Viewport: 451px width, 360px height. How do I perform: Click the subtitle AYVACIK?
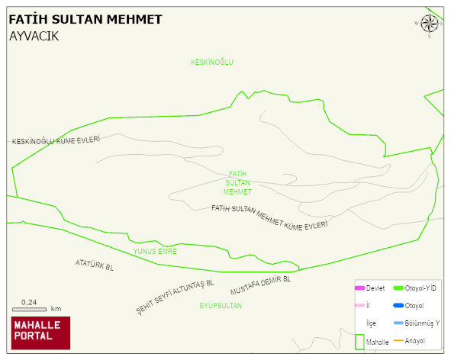click(34, 36)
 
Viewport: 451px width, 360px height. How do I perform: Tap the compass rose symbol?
click(430, 24)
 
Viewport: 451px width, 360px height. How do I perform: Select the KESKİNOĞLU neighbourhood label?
click(211, 62)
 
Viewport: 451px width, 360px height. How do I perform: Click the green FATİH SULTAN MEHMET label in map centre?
click(238, 183)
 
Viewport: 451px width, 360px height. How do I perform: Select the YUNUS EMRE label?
click(155, 251)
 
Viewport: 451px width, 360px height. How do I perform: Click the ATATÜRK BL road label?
click(95, 265)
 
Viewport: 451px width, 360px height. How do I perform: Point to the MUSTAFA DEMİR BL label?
click(260, 284)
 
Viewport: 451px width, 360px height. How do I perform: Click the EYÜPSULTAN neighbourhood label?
click(221, 306)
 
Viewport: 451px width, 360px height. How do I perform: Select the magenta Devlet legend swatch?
click(359, 288)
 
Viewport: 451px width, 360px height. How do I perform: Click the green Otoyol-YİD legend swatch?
click(398, 288)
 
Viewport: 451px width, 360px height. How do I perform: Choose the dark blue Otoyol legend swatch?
click(398, 305)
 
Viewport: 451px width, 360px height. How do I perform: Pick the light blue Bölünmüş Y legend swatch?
click(398, 323)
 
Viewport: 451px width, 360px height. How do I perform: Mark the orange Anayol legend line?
click(398, 340)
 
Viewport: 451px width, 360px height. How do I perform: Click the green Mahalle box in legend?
click(359, 341)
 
